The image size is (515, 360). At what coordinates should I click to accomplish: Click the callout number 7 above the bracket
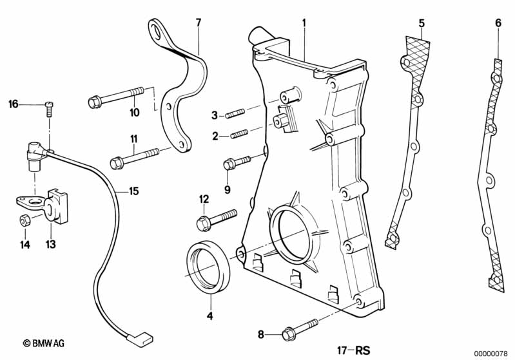click(198, 23)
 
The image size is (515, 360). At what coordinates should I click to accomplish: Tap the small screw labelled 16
click(49, 109)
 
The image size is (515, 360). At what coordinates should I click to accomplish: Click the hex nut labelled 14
click(24, 220)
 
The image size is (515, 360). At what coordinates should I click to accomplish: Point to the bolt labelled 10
click(116, 97)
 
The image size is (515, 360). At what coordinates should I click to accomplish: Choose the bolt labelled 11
click(134, 158)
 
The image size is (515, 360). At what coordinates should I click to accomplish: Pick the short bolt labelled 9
click(237, 162)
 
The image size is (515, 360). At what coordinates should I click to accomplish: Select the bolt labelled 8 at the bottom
click(300, 330)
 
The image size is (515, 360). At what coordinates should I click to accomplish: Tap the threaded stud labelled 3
click(235, 113)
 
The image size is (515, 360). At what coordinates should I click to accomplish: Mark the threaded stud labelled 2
click(239, 134)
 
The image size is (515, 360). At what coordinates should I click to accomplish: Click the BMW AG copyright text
click(44, 343)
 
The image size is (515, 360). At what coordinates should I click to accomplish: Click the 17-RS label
click(353, 350)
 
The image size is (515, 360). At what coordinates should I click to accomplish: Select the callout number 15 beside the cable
click(133, 191)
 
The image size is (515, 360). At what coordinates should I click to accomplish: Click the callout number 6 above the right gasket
click(498, 23)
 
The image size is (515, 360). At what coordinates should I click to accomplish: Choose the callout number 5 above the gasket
click(422, 23)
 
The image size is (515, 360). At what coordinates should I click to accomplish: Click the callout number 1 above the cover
click(304, 23)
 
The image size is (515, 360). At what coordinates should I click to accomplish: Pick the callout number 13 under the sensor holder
click(50, 244)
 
